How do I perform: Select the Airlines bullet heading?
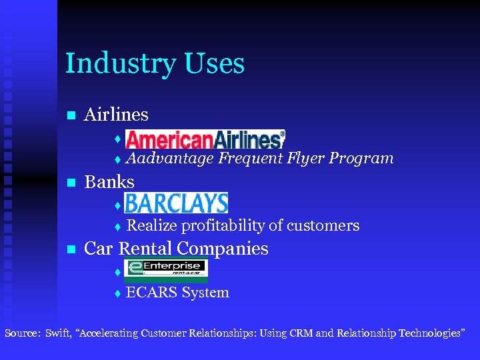coord(116,115)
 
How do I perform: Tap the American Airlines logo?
coord(205,139)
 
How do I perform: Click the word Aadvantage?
coord(170,159)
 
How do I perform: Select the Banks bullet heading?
coord(109,182)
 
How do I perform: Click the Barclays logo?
coord(176,203)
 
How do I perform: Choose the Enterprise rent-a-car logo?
coord(166,270)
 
